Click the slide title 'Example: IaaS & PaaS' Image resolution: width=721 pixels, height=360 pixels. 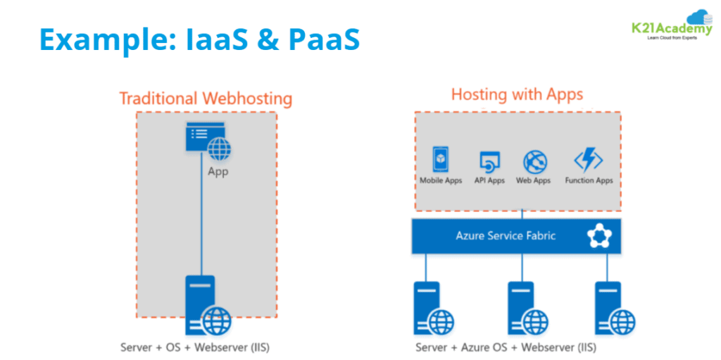click(199, 39)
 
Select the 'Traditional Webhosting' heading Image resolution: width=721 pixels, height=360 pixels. click(206, 98)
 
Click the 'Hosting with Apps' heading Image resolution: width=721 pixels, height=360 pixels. click(517, 94)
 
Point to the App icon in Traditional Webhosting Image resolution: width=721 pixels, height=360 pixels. click(208, 140)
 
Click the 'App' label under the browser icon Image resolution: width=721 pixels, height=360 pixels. click(218, 172)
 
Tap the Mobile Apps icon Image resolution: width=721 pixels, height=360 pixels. click(441, 160)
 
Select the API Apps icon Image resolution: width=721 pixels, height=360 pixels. click(489, 162)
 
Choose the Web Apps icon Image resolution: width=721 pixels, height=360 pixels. click(534, 162)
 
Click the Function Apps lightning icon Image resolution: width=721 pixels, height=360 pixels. click(588, 160)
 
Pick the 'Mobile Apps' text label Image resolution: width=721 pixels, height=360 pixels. click(441, 181)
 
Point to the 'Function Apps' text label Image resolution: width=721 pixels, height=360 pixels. click(589, 181)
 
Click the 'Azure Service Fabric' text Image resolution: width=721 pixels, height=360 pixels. click(505, 235)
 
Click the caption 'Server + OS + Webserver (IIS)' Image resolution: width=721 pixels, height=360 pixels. click(195, 347)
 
